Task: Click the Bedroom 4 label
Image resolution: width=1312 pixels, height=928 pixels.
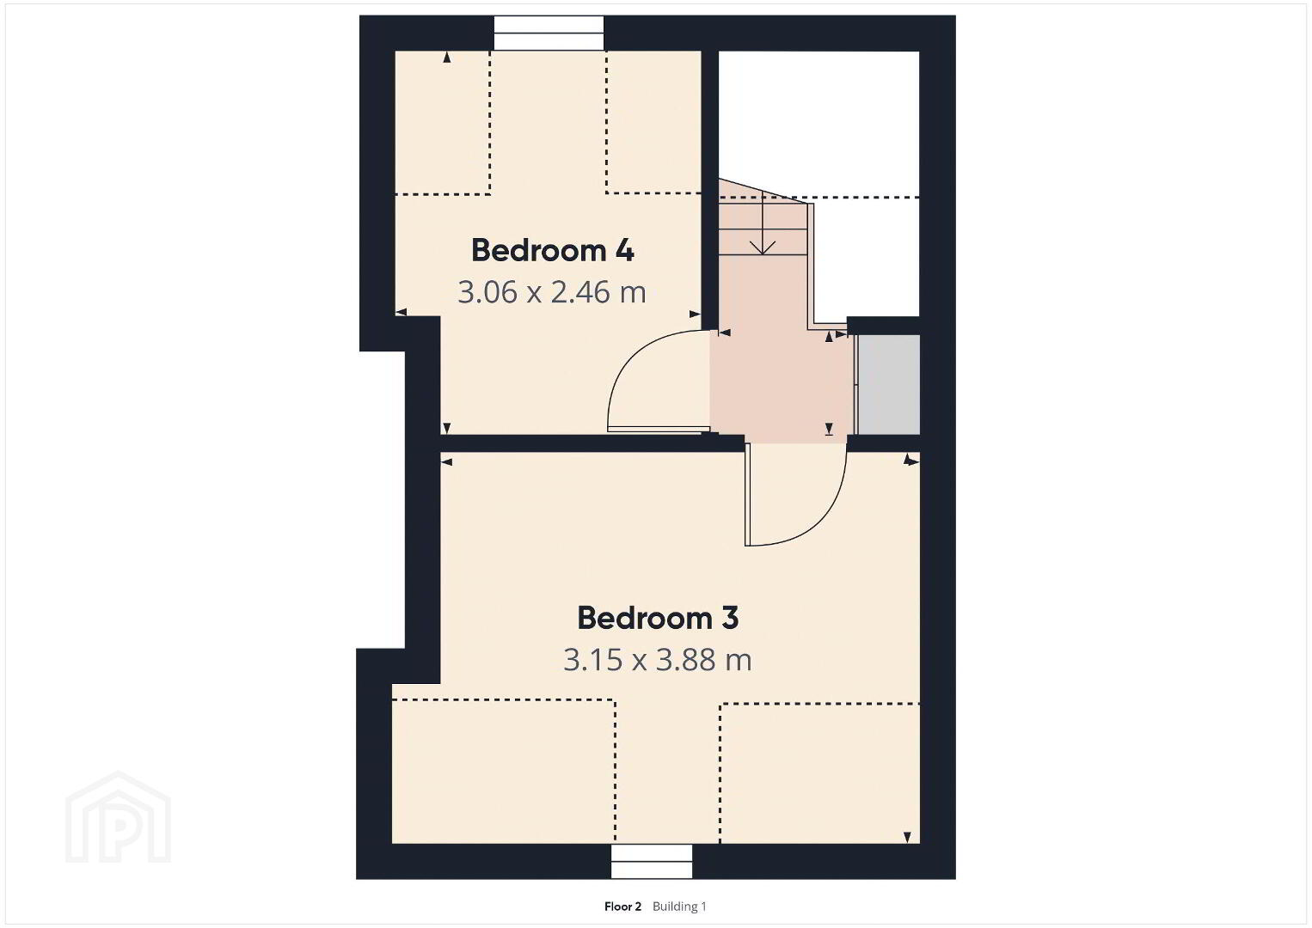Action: [552, 251]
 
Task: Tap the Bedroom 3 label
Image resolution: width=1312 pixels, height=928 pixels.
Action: [658, 619]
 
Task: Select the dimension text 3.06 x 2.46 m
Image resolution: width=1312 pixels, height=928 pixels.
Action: [551, 292]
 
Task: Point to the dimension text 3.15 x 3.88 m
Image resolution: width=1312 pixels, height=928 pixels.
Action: [657, 660]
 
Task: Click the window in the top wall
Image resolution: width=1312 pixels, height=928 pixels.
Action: [549, 33]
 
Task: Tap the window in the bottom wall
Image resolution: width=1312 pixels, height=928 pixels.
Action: [652, 861]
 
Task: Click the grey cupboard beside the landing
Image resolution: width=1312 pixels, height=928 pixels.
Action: [888, 385]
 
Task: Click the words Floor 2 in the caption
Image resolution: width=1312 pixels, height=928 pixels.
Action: [622, 907]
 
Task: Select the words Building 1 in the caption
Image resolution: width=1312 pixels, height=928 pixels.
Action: [679, 907]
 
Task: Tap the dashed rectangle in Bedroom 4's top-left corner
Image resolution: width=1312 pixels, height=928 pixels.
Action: [443, 122]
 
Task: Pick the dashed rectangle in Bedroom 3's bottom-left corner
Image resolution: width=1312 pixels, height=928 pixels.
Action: [504, 772]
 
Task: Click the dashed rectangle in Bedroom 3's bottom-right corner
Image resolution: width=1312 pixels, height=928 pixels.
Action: [819, 772]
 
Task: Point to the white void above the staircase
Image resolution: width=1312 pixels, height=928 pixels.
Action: [818, 123]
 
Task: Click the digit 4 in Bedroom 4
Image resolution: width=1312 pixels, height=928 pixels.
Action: [624, 251]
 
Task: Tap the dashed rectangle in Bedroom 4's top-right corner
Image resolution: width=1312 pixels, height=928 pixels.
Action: [653, 122]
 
